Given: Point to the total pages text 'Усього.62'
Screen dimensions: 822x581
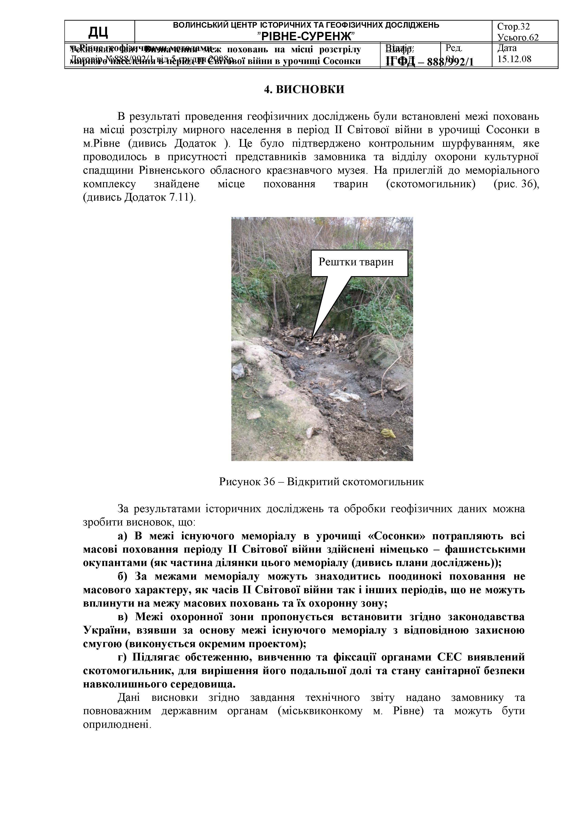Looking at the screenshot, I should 518,37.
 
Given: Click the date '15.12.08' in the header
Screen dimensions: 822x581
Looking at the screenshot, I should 514,59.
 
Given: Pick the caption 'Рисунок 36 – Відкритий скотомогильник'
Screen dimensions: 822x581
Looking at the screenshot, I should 321,481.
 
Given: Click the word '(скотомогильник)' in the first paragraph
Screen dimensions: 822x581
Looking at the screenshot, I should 431,184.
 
